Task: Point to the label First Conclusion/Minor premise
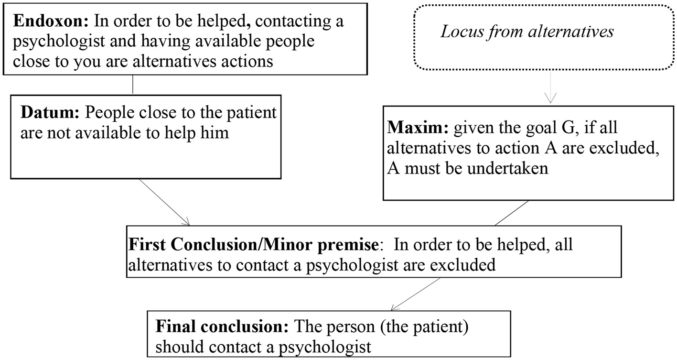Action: pyautogui.click(x=253, y=245)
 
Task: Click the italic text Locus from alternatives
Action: pyautogui.click(x=527, y=32)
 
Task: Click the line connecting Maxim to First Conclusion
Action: pyautogui.click(x=512, y=212)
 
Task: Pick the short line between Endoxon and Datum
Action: pyautogui.click(x=132, y=85)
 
